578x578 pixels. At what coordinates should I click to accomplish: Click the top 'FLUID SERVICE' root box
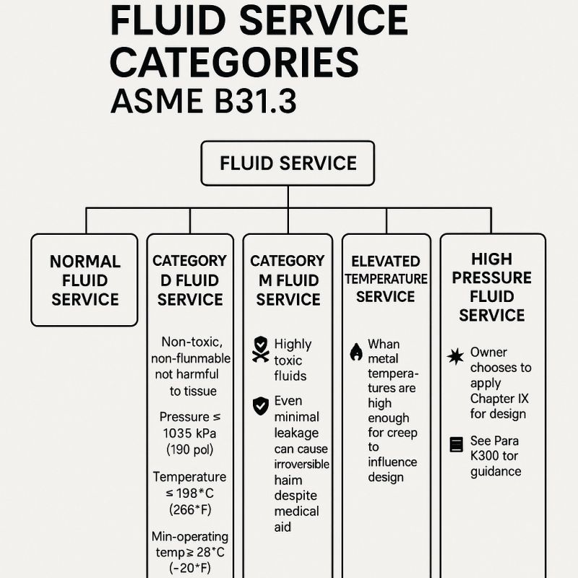288,163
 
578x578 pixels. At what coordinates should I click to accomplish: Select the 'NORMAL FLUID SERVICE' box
85,280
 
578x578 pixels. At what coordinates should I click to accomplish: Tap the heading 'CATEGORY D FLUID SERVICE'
190,280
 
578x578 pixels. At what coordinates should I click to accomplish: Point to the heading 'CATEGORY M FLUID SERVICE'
288,280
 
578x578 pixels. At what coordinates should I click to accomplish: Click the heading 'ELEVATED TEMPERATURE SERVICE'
386,279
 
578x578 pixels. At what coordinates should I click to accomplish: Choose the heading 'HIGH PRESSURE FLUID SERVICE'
492,287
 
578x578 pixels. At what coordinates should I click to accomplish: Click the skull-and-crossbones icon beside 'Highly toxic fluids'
261,349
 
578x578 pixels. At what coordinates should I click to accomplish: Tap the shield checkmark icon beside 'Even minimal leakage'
261,406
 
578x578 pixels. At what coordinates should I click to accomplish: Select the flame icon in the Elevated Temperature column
356,352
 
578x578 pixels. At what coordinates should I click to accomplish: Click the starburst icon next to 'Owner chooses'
456,356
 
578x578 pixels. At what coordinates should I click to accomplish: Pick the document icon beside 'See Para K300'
457,444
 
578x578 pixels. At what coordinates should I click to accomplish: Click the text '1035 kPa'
189,433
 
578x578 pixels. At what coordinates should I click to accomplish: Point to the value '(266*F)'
190,510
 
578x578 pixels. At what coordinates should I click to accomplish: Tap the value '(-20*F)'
190,568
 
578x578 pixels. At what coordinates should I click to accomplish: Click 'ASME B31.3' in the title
204,101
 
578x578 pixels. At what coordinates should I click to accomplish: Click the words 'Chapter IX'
499,399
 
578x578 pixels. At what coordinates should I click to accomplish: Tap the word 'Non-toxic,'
192,342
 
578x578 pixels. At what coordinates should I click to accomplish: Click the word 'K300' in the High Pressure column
485,456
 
